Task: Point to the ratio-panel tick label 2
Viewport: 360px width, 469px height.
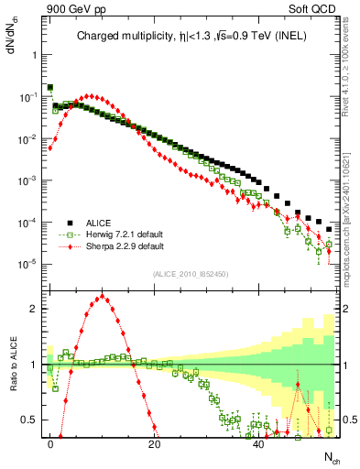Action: pos(32,309)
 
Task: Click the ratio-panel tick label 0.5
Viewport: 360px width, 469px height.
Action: pos(28,420)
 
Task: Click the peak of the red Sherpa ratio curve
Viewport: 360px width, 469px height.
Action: pos(102,296)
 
